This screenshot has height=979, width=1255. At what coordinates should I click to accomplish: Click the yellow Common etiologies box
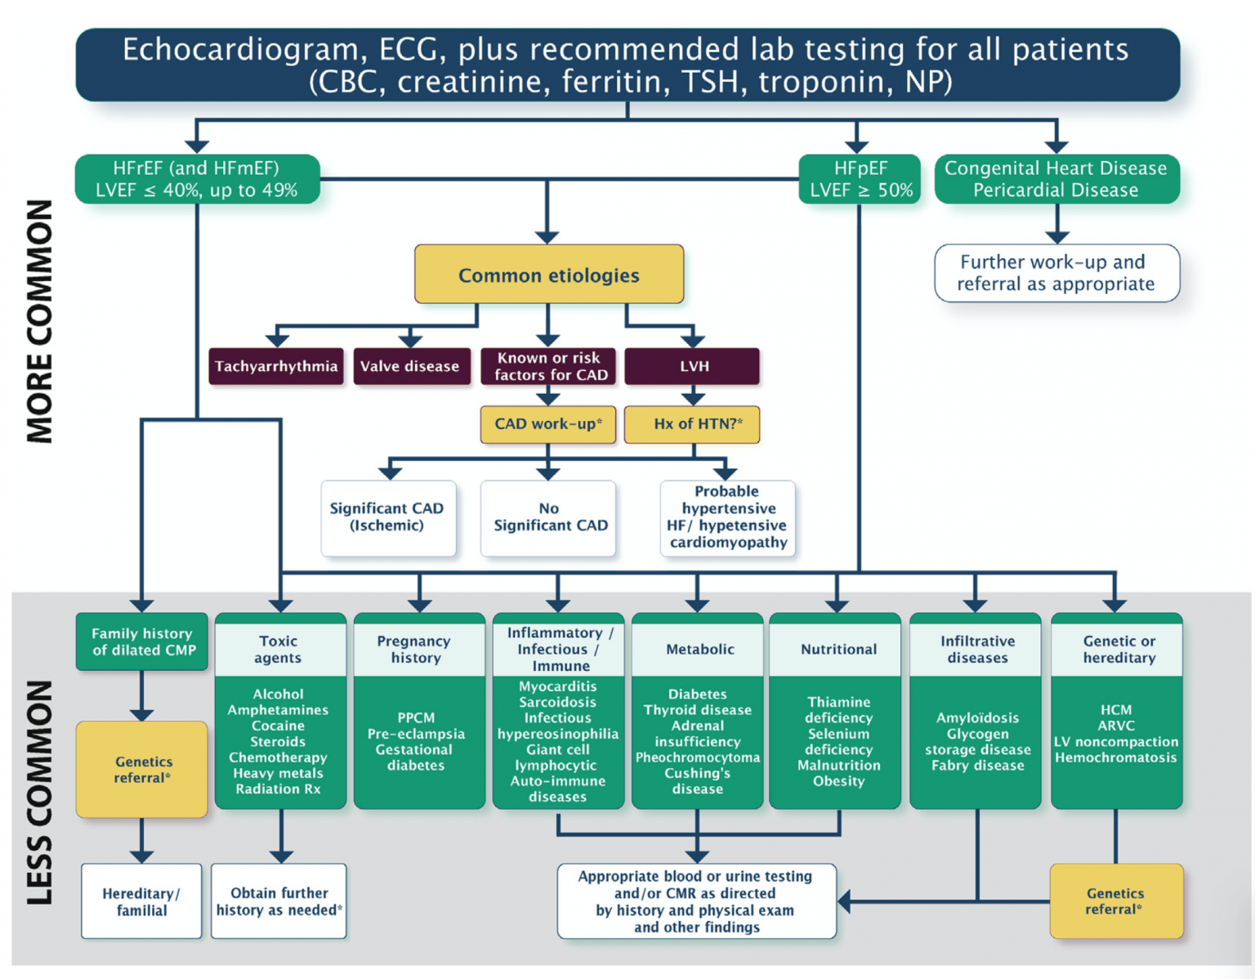[548, 275]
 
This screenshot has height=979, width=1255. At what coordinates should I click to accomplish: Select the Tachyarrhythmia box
[276, 366]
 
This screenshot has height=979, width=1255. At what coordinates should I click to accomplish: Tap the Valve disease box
[410, 366]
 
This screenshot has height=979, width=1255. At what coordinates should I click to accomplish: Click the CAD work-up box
[548, 424]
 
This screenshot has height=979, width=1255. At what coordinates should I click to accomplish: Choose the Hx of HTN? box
[693, 424]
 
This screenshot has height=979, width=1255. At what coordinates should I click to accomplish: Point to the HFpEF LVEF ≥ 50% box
[860, 179]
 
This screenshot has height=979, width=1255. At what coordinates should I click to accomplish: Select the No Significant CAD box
[549, 517]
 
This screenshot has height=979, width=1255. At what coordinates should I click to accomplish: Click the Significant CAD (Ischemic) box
[387, 517]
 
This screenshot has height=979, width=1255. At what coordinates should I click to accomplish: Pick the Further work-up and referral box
[1056, 273]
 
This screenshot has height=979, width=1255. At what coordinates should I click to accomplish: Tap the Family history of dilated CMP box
[143, 641]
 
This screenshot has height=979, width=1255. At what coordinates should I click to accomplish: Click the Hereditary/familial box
[141, 901]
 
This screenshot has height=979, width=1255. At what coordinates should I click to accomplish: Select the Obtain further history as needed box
[279, 901]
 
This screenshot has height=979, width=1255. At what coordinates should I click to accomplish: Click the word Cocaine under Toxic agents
[278, 726]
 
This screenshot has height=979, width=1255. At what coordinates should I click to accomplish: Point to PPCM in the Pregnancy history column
[416, 717]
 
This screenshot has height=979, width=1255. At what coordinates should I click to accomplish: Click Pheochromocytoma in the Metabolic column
[698, 758]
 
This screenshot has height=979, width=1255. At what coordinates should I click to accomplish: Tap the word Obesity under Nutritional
[838, 781]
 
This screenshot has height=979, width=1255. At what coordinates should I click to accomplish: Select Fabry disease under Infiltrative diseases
[977, 766]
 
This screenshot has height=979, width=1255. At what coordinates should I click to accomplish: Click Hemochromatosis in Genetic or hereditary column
[1116, 758]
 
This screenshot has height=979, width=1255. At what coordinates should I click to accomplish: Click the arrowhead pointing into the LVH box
[693, 339]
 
